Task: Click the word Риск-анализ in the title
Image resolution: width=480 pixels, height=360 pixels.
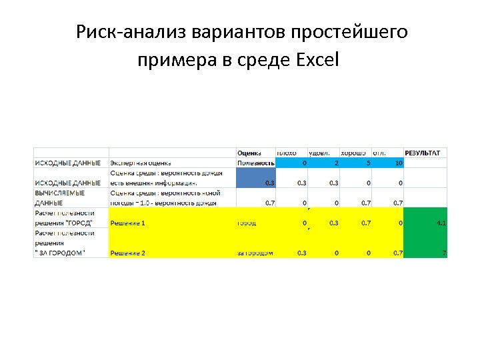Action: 131,32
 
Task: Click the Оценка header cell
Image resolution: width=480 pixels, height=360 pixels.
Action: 249,153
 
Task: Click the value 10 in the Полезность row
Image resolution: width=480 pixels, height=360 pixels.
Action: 397,163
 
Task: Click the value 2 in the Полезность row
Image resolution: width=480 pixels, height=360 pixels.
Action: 336,163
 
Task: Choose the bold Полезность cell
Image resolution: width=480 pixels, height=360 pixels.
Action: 256,163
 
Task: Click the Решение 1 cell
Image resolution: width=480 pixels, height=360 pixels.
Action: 127,223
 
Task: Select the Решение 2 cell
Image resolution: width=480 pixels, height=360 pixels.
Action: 127,253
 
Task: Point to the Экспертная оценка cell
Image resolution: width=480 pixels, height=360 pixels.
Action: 141,163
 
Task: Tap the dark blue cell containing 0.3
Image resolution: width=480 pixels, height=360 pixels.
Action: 256,177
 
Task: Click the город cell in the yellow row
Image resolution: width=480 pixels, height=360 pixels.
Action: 247,223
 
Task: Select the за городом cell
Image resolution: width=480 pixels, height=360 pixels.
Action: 255,253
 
